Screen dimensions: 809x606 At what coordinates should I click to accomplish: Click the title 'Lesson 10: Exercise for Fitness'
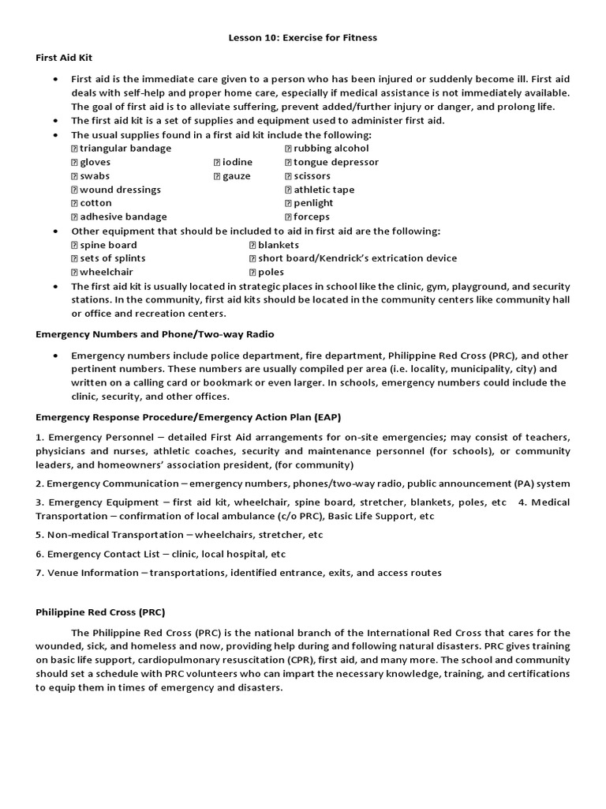pyautogui.click(x=302, y=36)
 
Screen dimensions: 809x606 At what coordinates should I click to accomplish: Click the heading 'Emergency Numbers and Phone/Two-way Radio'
pyautogui.click(x=155, y=334)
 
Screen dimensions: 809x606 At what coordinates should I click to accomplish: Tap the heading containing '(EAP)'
pyautogui.click(x=189, y=416)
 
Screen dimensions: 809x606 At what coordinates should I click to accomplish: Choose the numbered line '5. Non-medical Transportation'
pyautogui.click(x=179, y=535)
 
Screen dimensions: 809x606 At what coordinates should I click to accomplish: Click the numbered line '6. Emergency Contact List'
pyautogui.click(x=161, y=554)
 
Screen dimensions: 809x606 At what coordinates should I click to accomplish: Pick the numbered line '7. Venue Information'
pyautogui.click(x=238, y=573)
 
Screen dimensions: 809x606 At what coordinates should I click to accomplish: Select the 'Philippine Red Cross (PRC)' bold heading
pyautogui.click(x=100, y=612)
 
